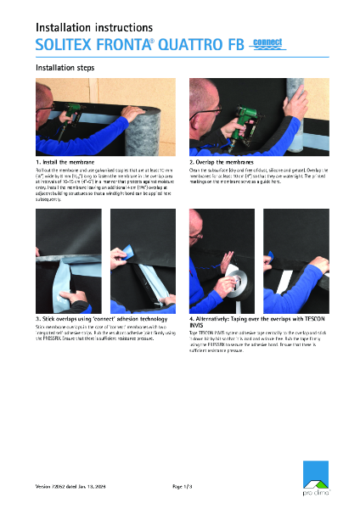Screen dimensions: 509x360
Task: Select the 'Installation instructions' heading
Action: (x=94, y=28)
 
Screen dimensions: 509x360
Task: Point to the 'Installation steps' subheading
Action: (x=65, y=67)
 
